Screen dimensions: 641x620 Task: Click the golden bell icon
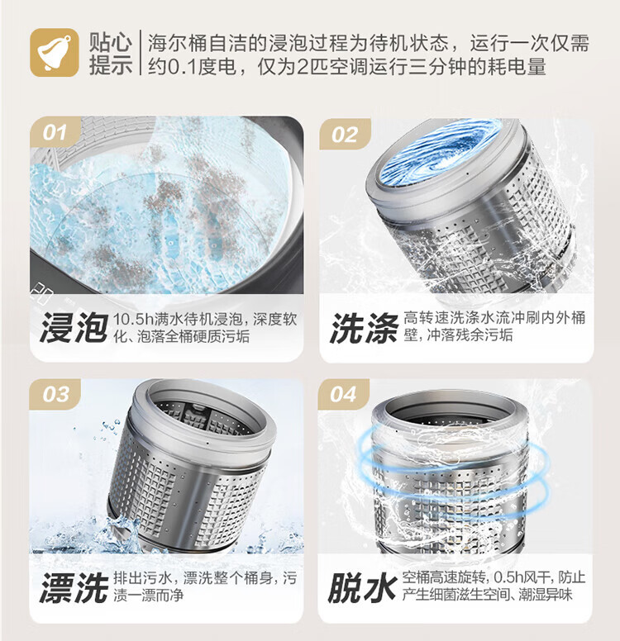tap(55, 53)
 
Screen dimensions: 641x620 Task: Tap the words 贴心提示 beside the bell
tap(111, 53)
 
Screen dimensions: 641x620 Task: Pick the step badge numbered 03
tap(56, 394)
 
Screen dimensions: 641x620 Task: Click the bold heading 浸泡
tap(73, 327)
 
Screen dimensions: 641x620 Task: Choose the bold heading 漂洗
tap(73, 587)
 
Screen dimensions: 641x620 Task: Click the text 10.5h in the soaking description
tap(132, 319)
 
